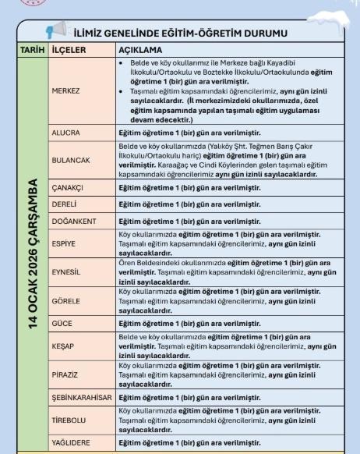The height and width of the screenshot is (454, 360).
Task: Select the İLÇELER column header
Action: point(68,48)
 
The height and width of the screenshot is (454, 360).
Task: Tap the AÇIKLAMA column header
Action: point(139,48)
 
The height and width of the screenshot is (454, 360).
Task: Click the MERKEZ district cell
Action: point(66,90)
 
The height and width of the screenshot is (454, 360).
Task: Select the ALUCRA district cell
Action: point(65,133)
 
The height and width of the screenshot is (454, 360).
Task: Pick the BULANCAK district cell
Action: point(70,160)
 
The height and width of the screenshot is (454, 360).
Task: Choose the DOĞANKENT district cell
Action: point(73,221)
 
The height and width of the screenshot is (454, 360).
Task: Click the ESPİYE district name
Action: point(65,243)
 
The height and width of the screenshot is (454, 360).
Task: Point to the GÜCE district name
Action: point(62,321)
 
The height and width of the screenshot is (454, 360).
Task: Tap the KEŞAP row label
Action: point(63,343)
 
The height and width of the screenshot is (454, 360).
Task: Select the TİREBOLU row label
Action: point(69,417)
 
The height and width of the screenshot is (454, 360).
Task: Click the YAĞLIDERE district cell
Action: point(70,442)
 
